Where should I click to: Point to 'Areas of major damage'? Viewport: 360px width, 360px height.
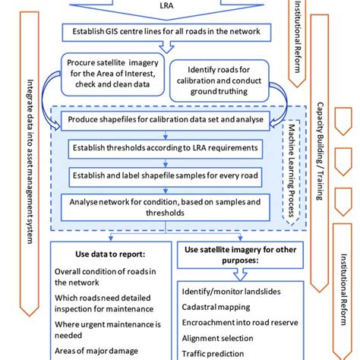point(96,351)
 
